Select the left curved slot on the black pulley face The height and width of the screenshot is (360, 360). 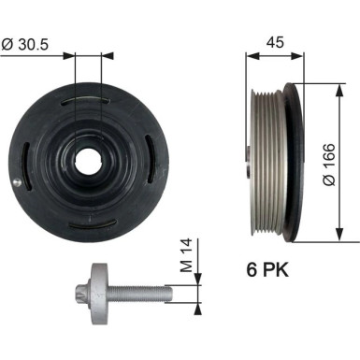click(x=32, y=155)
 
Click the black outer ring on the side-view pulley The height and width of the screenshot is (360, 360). click(x=295, y=154)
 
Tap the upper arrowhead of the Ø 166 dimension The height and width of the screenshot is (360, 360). click(x=334, y=86)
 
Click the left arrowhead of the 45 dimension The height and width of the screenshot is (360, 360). click(x=250, y=54)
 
